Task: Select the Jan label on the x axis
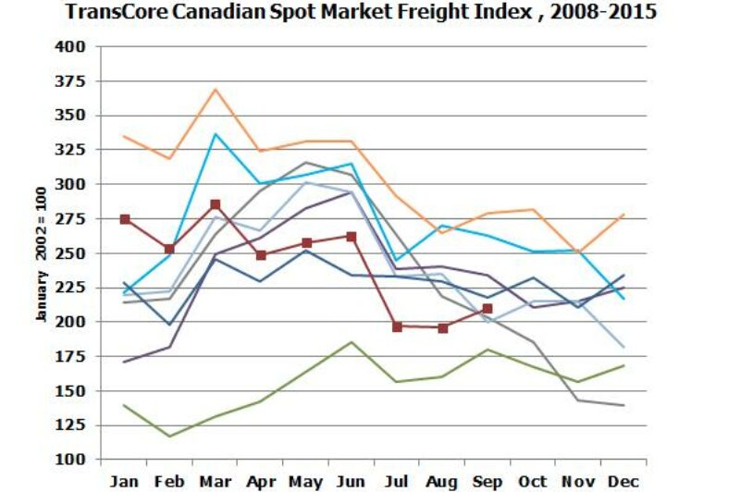pos(125,482)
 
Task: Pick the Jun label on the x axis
pos(351,482)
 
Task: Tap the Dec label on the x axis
pos(622,482)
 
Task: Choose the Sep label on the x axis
pos(487,482)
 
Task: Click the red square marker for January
pos(125,219)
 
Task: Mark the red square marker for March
pos(216,204)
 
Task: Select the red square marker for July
pos(397,326)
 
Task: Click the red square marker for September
pos(487,308)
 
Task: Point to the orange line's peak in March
pos(216,89)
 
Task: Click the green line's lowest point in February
pos(170,437)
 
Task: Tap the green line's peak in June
pos(351,342)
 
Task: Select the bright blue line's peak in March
pos(216,134)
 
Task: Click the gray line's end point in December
pos(623,406)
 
